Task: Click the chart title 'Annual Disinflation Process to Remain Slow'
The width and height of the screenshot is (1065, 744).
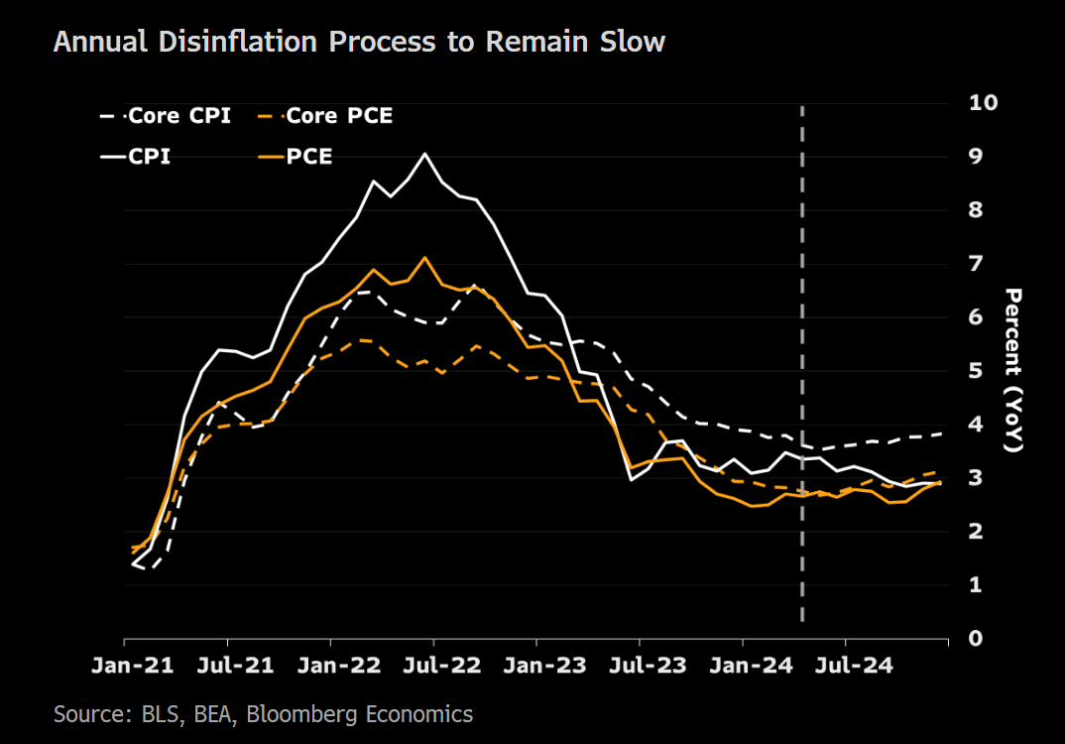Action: tap(358, 43)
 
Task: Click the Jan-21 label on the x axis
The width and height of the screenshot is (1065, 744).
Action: tap(125, 666)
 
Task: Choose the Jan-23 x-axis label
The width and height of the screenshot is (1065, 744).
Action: tap(536, 666)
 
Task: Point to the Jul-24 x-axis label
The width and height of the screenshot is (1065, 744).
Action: tap(846, 666)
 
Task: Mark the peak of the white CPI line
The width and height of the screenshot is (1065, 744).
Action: tap(424, 154)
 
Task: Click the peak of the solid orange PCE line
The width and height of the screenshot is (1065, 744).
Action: tap(425, 258)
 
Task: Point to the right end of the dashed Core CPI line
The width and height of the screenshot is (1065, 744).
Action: tap(941, 434)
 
